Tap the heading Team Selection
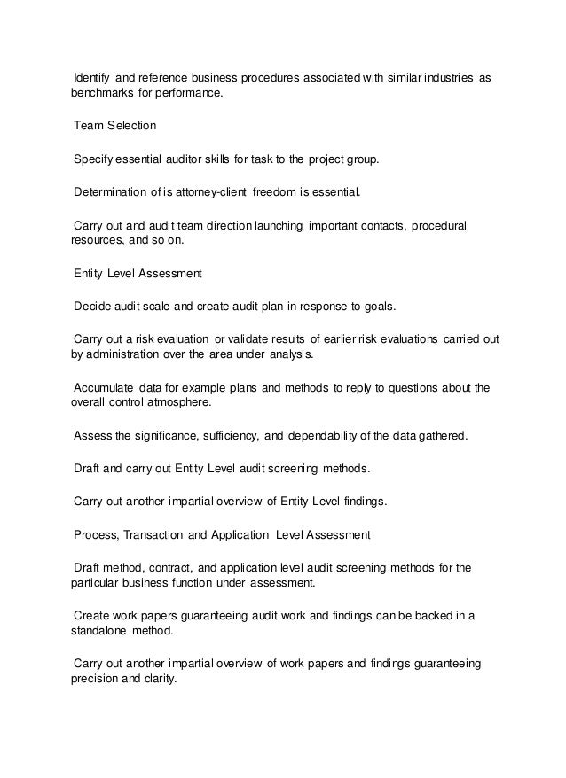click(x=114, y=126)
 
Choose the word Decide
click(x=92, y=307)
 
